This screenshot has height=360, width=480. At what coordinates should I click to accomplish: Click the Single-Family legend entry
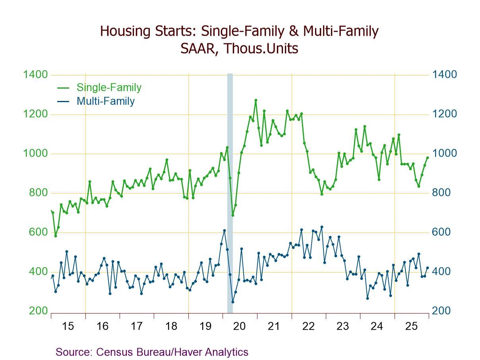tap(109, 87)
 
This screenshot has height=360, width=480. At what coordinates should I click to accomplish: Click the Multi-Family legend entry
tap(106, 101)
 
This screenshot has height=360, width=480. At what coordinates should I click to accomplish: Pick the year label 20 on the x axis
tap(240, 327)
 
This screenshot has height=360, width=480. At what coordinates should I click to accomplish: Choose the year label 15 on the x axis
tap(68, 327)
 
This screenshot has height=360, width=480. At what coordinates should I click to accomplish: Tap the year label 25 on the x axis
tap(411, 327)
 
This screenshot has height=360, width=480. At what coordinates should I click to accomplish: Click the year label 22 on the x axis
tap(308, 327)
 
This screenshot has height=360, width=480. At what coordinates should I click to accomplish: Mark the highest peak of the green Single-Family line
tap(255, 100)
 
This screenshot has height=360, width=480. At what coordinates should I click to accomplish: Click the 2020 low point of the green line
tap(233, 215)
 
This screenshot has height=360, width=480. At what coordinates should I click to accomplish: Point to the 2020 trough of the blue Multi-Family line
tap(233, 302)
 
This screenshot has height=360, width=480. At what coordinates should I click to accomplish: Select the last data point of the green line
tap(428, 158)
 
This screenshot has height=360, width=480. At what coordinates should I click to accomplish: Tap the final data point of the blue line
tap(428, 268)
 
